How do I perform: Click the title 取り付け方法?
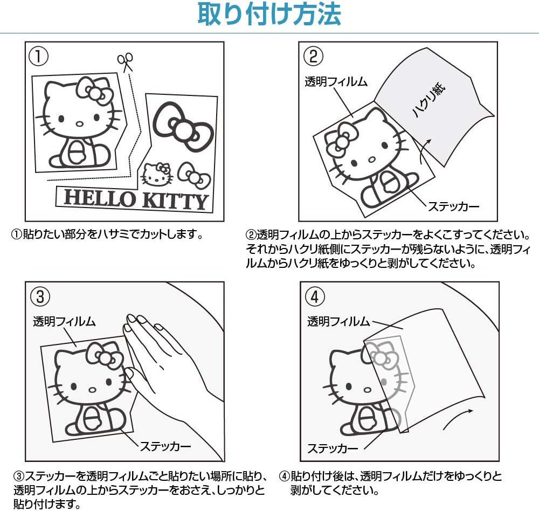(x=269, y=15)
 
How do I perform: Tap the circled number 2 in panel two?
(x=313, y=56)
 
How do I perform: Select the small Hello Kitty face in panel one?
(x=156, y=174)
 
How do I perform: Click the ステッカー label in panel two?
(x=453, y=206)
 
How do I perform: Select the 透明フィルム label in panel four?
(x=338, y=322)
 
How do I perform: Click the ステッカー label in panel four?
(x=333, y=448)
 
